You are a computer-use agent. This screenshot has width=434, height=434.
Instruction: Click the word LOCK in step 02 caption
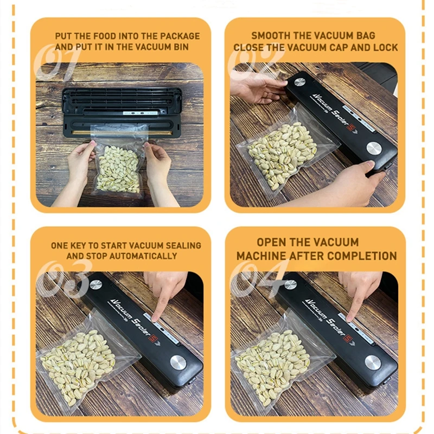click(386, 47)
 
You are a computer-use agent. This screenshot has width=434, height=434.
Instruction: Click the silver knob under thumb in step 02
click(373, 148)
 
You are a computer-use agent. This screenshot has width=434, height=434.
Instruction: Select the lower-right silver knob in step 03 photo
click(178, 362)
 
